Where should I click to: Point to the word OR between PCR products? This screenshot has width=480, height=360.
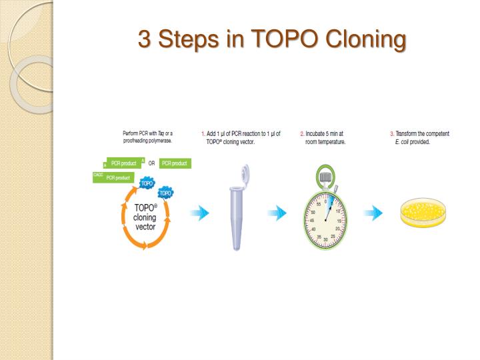151,163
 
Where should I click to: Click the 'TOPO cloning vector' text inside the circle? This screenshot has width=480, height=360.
145,217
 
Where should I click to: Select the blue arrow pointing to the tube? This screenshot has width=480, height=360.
199,213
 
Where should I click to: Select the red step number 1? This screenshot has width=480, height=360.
203,134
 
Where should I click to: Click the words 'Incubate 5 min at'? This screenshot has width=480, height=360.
325,134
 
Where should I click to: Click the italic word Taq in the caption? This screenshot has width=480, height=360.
161,134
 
